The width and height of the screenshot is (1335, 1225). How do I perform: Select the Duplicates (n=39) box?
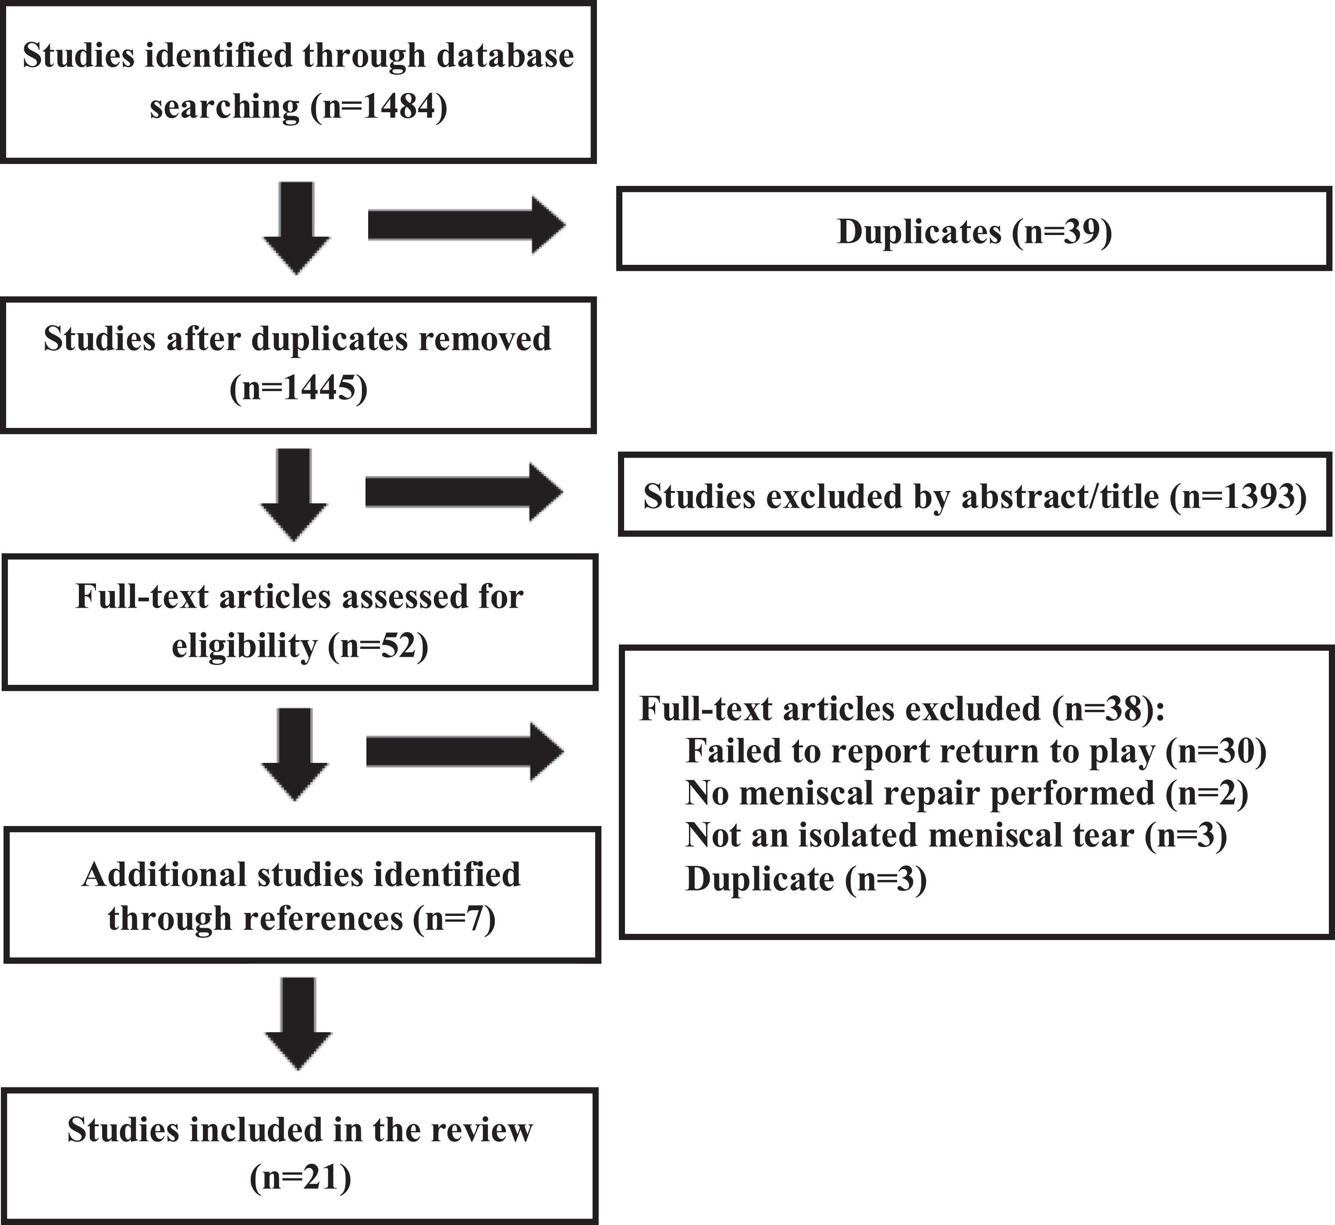[974, 229]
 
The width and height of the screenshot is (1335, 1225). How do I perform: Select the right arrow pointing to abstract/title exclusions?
[464, 492]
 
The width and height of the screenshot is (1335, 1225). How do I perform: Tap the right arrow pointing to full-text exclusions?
[465, 751]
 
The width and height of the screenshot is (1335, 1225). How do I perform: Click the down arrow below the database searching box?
[296, 228]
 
